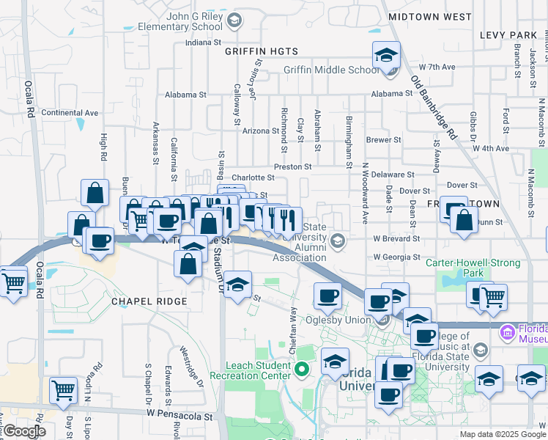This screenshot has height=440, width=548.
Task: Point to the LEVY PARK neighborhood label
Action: pyautogui.click(x=508, y=35)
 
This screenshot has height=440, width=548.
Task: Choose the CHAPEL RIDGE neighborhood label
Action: pyautogui.click(x=149, y=301)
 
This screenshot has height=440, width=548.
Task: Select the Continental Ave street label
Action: pyautogui.click(x=70, y=112)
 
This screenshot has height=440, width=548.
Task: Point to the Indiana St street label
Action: pyautogui.click(x=203, y=43)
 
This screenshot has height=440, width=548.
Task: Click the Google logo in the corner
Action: pyautogui.click(x=24, y=432)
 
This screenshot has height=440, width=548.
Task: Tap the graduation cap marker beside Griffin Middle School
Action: pyautogui.click(x=386, y=55)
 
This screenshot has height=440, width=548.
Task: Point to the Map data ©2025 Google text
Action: pyautogui.click(x=502, y=434)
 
